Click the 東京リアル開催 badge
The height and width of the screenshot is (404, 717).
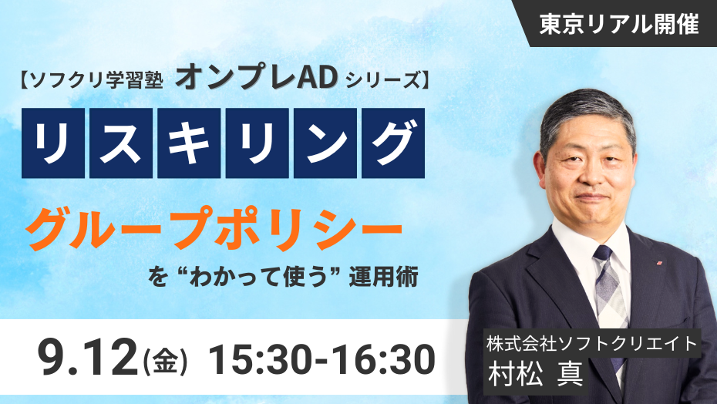pyautogui.click(x=618, y=23)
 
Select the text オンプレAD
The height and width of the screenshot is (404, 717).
pyautogui.click(x=257, y=78)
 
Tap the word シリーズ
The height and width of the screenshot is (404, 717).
pyautogui.click(x=382, y=81)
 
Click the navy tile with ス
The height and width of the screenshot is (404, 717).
pyautogui.click(x=121, y=143)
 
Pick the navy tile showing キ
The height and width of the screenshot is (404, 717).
pyautogui.click(x=189, y=143)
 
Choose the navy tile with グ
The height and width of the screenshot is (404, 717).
pyautogui.click(x=393, y=143)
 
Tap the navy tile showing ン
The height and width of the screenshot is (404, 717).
pyautogui.click(x=325, y=143)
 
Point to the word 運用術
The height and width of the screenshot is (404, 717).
pyautogui.click(x=383, y=277)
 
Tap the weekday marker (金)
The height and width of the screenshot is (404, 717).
pyautogui.click(x=165, y=362)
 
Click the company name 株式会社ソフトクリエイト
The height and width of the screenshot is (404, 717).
pyautogui.click(x=592, y=344)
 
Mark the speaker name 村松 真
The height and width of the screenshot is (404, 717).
pyautogui.click(x=535, y=374)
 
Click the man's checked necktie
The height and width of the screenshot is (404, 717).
pyautogui.click(x=610, y=293)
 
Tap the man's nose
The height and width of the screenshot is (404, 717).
pyautogui.click(x=591, y=176)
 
